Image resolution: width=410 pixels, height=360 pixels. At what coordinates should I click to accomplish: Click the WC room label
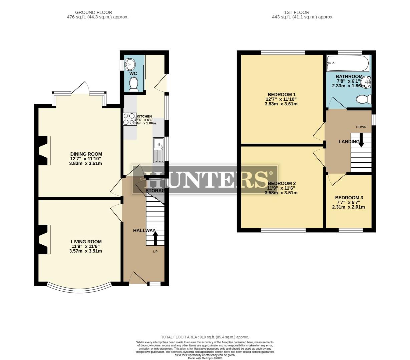point(133,73)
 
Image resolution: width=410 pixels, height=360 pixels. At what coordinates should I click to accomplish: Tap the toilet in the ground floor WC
point(134,84)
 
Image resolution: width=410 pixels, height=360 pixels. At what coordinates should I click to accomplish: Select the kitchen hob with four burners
point(129,119)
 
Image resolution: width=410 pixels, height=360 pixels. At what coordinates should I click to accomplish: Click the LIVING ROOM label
point(86,242)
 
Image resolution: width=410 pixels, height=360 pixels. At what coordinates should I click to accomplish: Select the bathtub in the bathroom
point(348,63)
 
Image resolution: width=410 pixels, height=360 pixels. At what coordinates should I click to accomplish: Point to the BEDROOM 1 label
point(282,94)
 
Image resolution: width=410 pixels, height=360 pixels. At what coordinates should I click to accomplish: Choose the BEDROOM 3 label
point(349,198)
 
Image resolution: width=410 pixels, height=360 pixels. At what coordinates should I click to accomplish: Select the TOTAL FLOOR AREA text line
point(205,337)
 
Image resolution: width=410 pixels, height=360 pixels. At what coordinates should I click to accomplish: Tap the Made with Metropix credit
point(205,358)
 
